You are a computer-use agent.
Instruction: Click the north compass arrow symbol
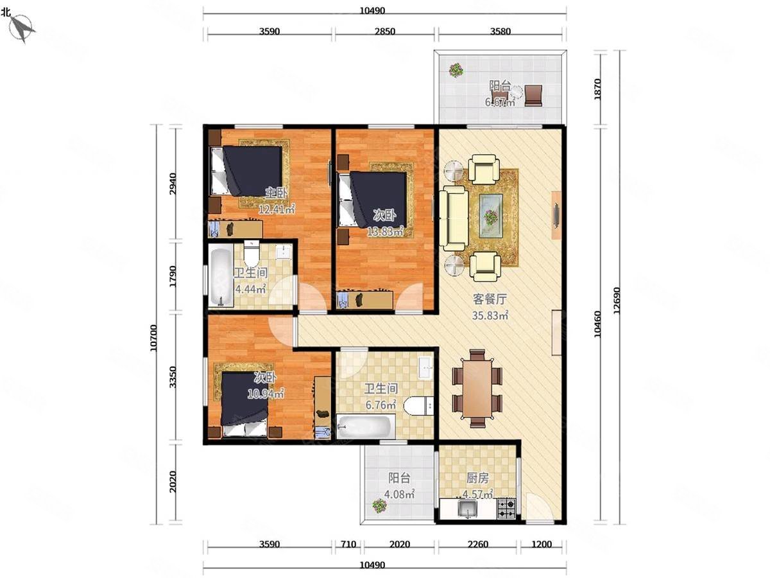click(x=22, y=28)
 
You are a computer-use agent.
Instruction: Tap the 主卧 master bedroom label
click(x=276, y=193)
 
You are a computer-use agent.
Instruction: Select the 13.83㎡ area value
click(x=385, y=232)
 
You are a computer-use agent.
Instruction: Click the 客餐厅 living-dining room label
click(x=490, y=299)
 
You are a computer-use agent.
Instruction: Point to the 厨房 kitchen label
click(x=477, y=478)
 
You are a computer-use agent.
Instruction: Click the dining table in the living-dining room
click(x=477, y=389)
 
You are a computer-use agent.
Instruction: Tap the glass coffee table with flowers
click(x=491, y=216)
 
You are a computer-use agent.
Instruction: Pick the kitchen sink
click(x=467, y=509)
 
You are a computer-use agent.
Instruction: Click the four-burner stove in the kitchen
click(x=506, y=509)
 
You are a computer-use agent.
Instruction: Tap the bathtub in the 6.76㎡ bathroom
click(x=363, y=427)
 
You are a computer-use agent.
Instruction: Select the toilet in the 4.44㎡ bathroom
click(x=251, y=254)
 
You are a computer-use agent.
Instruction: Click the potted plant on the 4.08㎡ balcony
click(x=379, y=505)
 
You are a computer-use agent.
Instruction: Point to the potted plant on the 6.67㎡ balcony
click(x=456, y=70)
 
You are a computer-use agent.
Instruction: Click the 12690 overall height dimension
click(x=617, y=301)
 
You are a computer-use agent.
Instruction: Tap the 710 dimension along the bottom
click(x=348, y=545)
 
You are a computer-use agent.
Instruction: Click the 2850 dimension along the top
click(x=385, y=31)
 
